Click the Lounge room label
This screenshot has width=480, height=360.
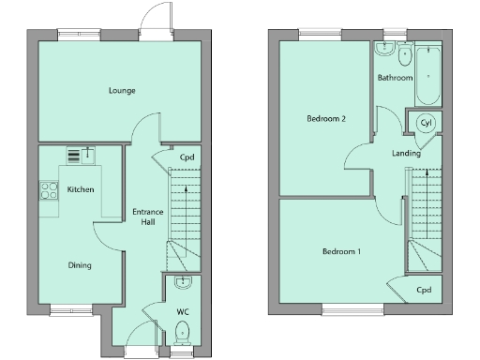point(121,91)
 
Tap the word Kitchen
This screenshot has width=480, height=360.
point(81,190)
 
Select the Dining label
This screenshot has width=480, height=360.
point(80,265)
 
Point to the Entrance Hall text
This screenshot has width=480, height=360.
point(147,217)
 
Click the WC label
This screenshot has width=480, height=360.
point(183,309)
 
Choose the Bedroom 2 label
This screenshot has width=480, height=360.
point(327,119)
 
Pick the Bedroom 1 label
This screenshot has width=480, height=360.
point(341,252)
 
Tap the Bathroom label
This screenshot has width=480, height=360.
point(395,78)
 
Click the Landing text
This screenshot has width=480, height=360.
point(406,153)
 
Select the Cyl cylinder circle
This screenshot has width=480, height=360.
point(426,123)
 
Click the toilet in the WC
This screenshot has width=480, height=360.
point(183,330)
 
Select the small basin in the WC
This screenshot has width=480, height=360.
point(183,283)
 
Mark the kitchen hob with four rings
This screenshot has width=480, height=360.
point(48,190)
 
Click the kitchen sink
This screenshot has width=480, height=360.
point(87,154)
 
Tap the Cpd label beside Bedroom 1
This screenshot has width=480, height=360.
point(424,291)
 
